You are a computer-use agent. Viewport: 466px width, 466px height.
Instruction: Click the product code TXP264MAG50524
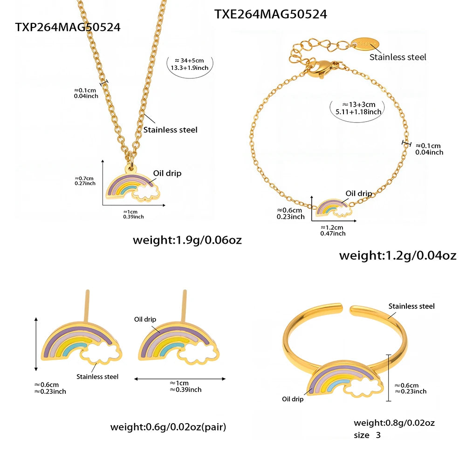(68, 27)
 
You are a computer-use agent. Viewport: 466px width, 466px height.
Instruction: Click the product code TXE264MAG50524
(270, 14)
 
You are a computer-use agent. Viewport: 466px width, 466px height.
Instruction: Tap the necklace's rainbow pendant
(133, 184)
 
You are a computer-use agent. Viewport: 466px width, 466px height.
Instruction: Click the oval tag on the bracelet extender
(365, 43)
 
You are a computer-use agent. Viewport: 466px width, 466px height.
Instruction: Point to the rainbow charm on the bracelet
(334, 208)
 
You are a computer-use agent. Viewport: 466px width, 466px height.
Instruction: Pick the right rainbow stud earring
(179, 342)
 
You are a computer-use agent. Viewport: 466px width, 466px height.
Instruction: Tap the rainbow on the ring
(345, 379)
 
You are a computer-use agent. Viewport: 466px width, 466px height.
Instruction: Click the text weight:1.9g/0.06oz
(187, 240)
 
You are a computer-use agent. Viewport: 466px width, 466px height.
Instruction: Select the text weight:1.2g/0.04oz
(397, 255)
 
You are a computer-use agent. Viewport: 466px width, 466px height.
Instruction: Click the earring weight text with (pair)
(168, 427)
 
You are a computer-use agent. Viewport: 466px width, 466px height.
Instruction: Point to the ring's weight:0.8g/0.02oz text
(394, 423)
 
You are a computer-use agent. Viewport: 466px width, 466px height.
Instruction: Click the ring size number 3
(378, 435)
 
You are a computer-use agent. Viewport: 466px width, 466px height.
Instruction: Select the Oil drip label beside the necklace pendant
(167, 173)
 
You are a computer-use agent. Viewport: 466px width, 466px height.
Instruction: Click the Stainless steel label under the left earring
(97, 377)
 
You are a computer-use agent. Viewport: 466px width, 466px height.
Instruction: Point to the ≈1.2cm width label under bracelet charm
(332, 228)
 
